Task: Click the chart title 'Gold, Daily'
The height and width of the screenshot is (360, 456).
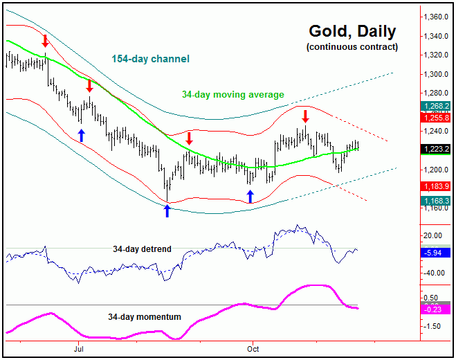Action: [x=352, y=31]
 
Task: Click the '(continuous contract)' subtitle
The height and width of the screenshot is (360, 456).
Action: [x=352, y=47]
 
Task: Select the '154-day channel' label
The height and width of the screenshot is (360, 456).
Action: [x=150, y=59]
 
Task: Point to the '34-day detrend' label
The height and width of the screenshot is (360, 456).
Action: [x=142, y=248]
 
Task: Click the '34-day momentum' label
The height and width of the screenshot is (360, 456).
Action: [x=145, y=317]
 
